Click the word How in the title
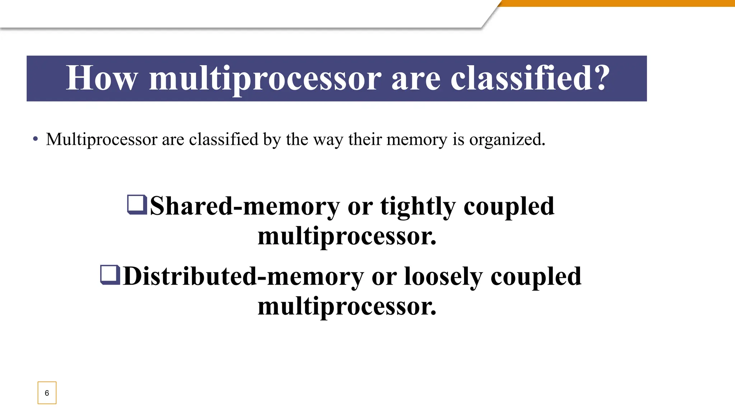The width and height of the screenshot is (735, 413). tap(102, 78)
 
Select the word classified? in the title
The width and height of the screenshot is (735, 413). tap(530, 78)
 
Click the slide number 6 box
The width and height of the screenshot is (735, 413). tap(47, 393)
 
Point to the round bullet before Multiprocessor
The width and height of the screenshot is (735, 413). tap(35, 139)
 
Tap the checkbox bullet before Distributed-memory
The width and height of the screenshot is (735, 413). tap(110, 275)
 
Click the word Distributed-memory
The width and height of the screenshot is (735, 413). tap(243, 276)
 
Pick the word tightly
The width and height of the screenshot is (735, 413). tap(418, 207)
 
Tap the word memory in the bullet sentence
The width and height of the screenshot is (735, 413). tap(416, 139)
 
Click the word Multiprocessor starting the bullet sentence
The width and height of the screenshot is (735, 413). tap(102, 139)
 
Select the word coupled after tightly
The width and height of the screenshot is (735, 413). tap(509, 207)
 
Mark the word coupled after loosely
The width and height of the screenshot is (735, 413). tap(535, 277)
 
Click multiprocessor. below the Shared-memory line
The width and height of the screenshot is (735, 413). tap(347, 236)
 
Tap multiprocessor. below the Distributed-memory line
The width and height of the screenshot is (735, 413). tap(347, 307)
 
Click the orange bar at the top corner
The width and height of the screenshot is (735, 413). tap(617, 3)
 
